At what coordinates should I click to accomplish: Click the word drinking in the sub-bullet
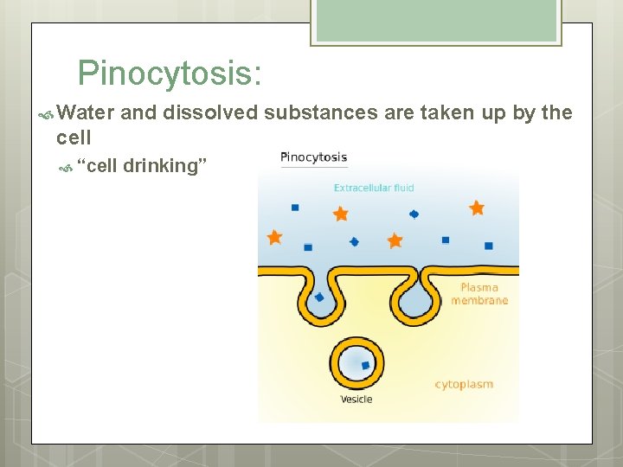(165, 165)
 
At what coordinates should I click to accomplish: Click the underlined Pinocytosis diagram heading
(313, 157)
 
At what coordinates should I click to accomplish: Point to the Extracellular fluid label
(374, 188)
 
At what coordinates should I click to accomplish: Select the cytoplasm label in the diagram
(464, 384)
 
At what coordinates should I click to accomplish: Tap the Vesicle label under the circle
(356, 400)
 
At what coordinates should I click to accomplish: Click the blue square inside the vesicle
(365, 366)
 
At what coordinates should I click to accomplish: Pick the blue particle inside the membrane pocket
(319, 297)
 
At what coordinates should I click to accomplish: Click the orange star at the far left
(274, 236)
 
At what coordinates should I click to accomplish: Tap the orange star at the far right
(477, 208)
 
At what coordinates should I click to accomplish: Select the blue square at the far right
(489, 246)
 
